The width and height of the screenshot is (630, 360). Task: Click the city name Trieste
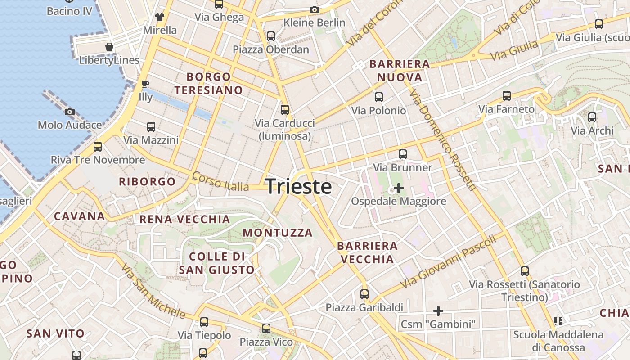299,186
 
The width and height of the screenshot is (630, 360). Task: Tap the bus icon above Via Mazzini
151,127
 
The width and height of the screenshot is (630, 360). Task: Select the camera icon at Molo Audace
69,112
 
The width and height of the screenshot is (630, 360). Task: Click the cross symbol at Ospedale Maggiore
398,188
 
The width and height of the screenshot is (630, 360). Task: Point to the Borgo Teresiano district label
209,84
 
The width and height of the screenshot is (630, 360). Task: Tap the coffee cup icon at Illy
145,84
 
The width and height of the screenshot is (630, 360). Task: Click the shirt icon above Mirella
160,17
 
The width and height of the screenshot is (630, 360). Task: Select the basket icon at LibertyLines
109,46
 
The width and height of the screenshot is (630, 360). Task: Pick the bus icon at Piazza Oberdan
270,36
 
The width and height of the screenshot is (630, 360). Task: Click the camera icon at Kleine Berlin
314,9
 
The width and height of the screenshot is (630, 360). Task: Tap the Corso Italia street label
220,181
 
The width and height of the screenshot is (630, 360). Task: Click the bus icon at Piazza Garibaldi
364,294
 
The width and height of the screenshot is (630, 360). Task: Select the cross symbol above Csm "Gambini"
438,310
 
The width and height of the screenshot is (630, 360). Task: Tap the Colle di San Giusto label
217,263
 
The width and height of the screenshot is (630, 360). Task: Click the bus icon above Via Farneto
507,96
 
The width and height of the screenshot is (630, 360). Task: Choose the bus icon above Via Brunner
403,154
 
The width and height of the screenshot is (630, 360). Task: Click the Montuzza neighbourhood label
278,233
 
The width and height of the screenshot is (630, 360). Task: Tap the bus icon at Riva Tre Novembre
98,147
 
